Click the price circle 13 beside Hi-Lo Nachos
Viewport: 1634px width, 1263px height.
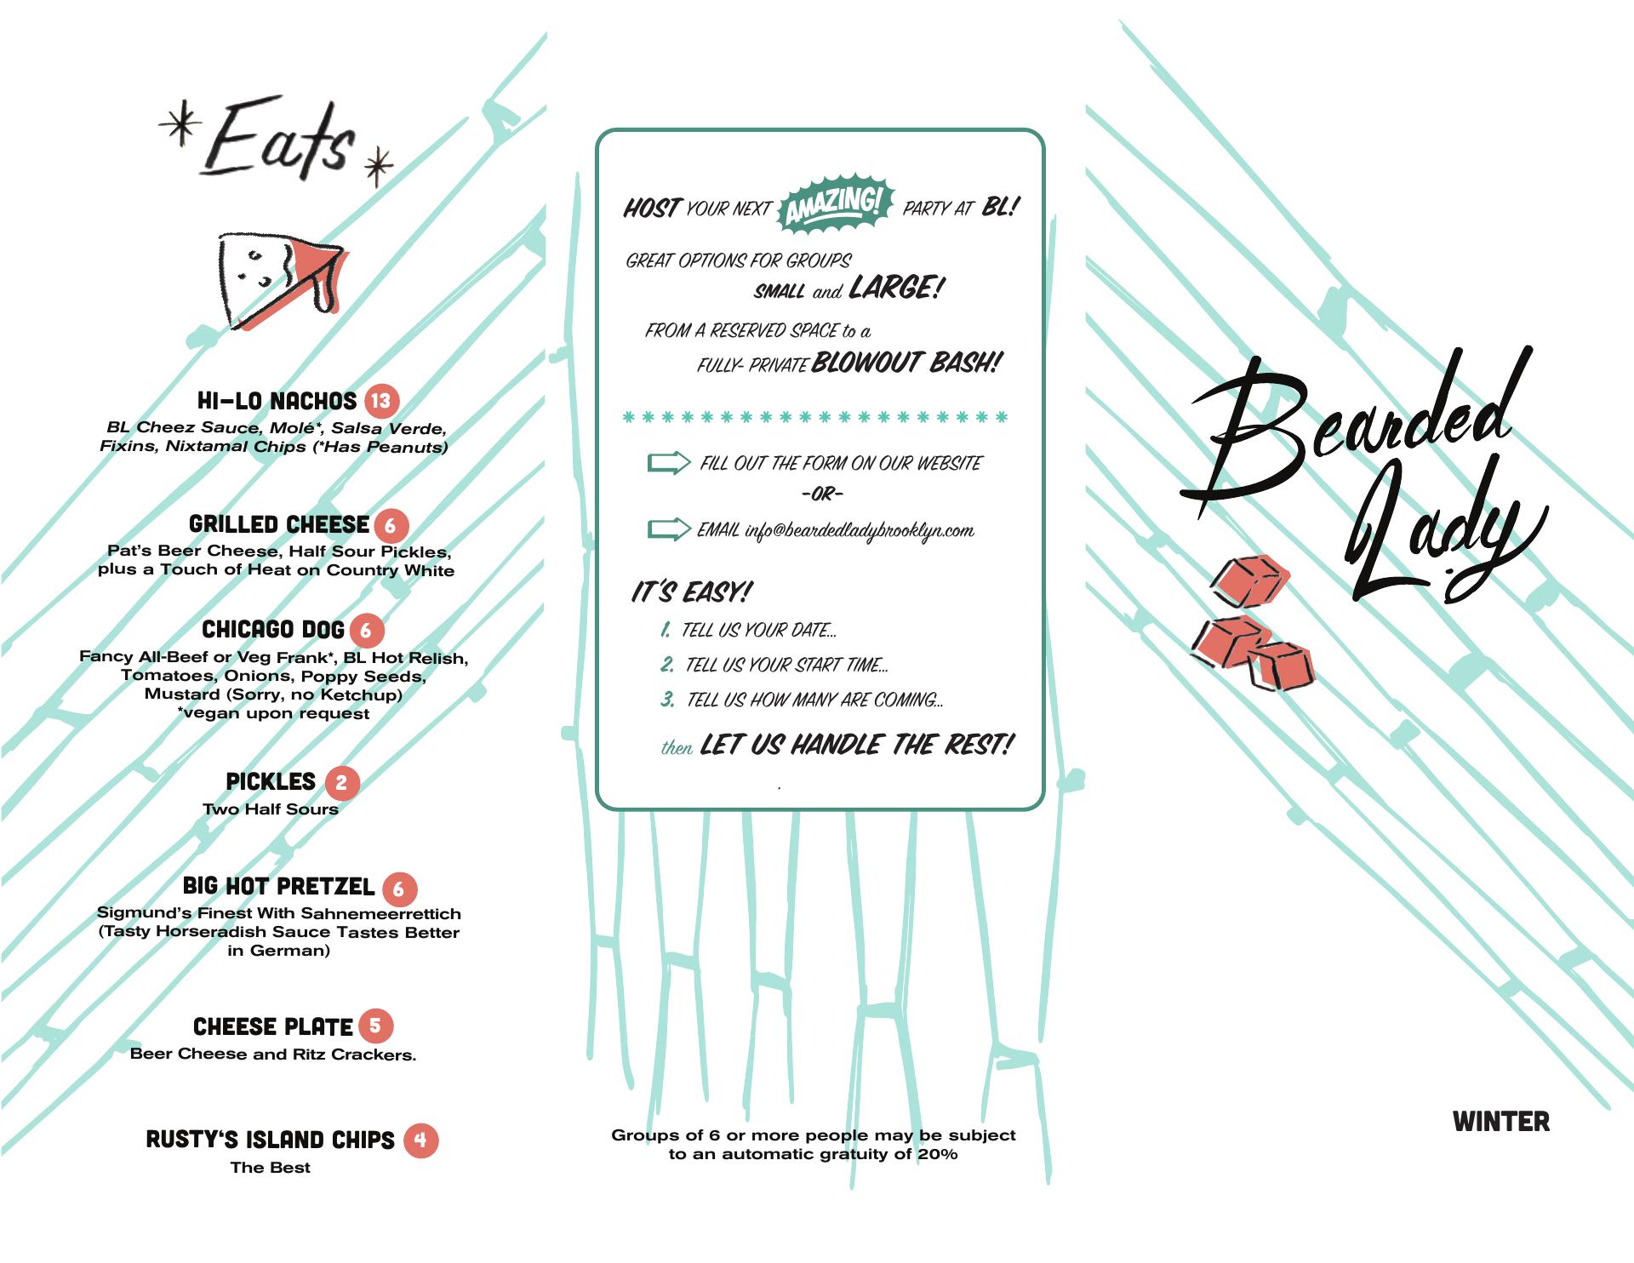coord(381,401)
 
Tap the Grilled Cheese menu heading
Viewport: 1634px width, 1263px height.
coord(279,524)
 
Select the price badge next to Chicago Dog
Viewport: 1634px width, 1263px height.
coord(366,631)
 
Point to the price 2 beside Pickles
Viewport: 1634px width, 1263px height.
coord(341,783)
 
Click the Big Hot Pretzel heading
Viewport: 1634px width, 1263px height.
coord(278,887)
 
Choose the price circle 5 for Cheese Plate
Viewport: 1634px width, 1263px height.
coord(375,1026)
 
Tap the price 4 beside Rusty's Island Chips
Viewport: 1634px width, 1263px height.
coord(420,1140)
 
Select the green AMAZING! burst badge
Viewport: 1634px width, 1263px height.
coord(835,204)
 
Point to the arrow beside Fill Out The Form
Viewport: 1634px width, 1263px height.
coord(669,463)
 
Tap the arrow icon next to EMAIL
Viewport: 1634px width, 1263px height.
coord(669,529)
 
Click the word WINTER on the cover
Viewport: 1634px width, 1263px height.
coord(1501,1122)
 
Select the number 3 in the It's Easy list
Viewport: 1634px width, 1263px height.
coord(668,700)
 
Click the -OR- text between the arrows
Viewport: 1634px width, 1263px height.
coord(822,494)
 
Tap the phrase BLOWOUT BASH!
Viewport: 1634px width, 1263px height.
coord(906,363)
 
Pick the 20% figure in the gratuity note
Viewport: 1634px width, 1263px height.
coord(937,1155)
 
